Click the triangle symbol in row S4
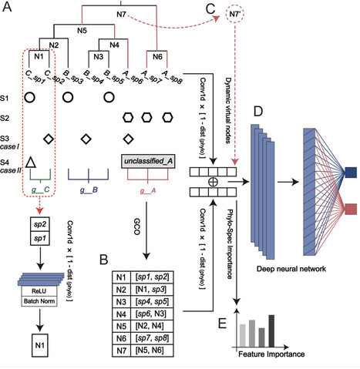tap(29, 163)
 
